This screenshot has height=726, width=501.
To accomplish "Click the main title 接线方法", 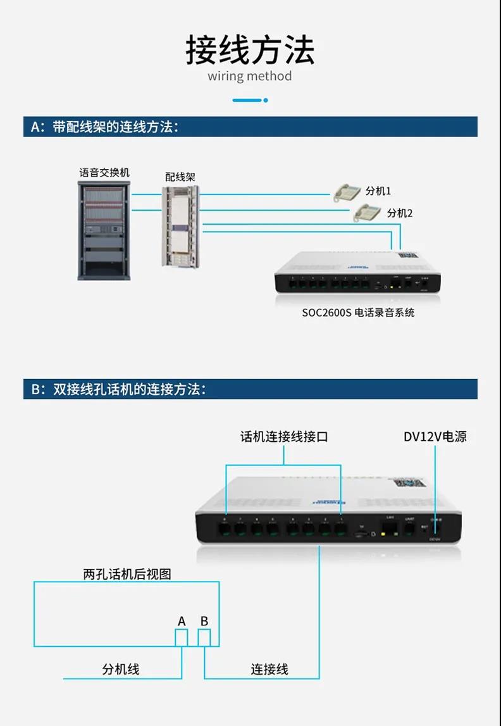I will [x=250, y=51].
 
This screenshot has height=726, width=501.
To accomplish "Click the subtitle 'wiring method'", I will [x=250, y=77].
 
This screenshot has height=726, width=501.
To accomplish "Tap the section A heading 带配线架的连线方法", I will [x=105, y=127].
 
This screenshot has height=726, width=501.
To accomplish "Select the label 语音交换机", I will [x=104, y=172].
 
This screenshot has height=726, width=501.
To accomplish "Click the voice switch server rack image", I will [x=104, y=230].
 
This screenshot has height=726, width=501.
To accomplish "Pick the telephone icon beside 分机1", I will [x=348, y=192].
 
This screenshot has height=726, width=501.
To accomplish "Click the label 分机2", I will [x=400, y=213].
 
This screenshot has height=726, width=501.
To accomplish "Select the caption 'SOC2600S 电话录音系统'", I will [x=358, y=312].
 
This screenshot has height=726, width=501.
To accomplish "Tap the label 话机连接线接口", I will [x=284, y=437].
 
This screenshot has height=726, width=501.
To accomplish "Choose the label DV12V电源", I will [x=435, y=437].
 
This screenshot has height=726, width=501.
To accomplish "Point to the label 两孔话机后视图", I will [x=127, y=574].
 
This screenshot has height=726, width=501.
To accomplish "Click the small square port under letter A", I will [x=182, y=638].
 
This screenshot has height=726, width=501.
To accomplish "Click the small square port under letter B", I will [x=204, y=638].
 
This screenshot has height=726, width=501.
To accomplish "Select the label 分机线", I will [x=121, y=669].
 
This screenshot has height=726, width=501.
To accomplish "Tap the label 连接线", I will [x=269, y=669].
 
